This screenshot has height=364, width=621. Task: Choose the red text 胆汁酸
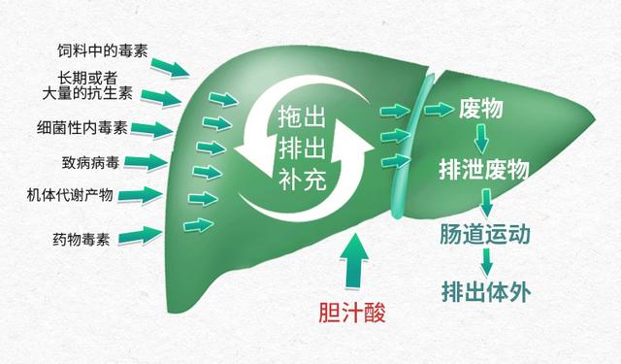(x=358, y=314)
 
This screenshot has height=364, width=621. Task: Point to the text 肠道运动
(x=486, y=236)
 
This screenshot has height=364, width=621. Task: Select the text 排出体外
(x=484, y=290)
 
